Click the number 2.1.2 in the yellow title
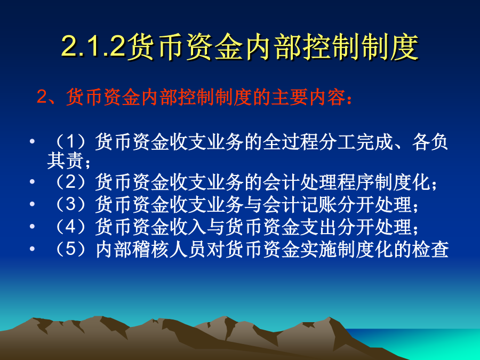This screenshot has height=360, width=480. click(93, 46)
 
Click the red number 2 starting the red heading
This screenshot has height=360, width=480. click(41, 97)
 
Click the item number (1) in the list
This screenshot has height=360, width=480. click(70, 142)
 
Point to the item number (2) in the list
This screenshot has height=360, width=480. click(70, 182)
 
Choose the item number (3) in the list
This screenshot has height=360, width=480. click(70, 204)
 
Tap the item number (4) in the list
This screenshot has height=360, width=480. click(70, 227)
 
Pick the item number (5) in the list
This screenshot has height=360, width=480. click(70, 249)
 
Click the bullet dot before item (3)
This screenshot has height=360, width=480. click(32, 204)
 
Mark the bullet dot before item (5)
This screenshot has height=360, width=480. click(32, 249)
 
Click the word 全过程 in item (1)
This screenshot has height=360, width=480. click(290, 142)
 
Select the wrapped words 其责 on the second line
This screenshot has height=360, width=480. click(65, 161)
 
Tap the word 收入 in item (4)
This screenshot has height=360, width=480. click(188, 227)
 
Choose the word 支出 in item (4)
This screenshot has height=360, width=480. click(318, 227)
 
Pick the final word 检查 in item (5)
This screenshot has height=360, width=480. click(430, 249)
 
